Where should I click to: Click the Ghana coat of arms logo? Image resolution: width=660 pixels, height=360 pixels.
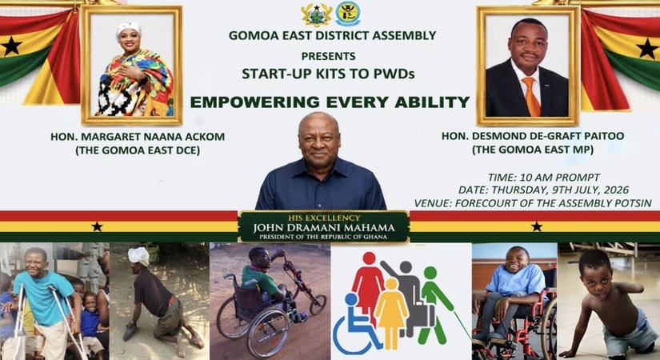click(316, 14)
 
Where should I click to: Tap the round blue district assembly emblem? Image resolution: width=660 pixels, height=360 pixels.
click(348, 14)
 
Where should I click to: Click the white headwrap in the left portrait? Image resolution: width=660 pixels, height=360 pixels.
click(128, 29)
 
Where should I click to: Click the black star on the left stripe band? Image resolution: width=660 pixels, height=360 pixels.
click(98, 227)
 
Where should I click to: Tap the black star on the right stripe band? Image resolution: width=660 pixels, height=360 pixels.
click(537, 227)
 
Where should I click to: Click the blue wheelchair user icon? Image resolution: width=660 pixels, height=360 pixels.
click(357, 325)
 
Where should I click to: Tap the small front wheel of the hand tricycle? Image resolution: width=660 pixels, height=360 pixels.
click(318, 305)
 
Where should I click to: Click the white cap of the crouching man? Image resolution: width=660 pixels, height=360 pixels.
click(139, 256)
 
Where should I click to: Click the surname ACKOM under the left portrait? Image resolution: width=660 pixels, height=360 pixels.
click(206, 137)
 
